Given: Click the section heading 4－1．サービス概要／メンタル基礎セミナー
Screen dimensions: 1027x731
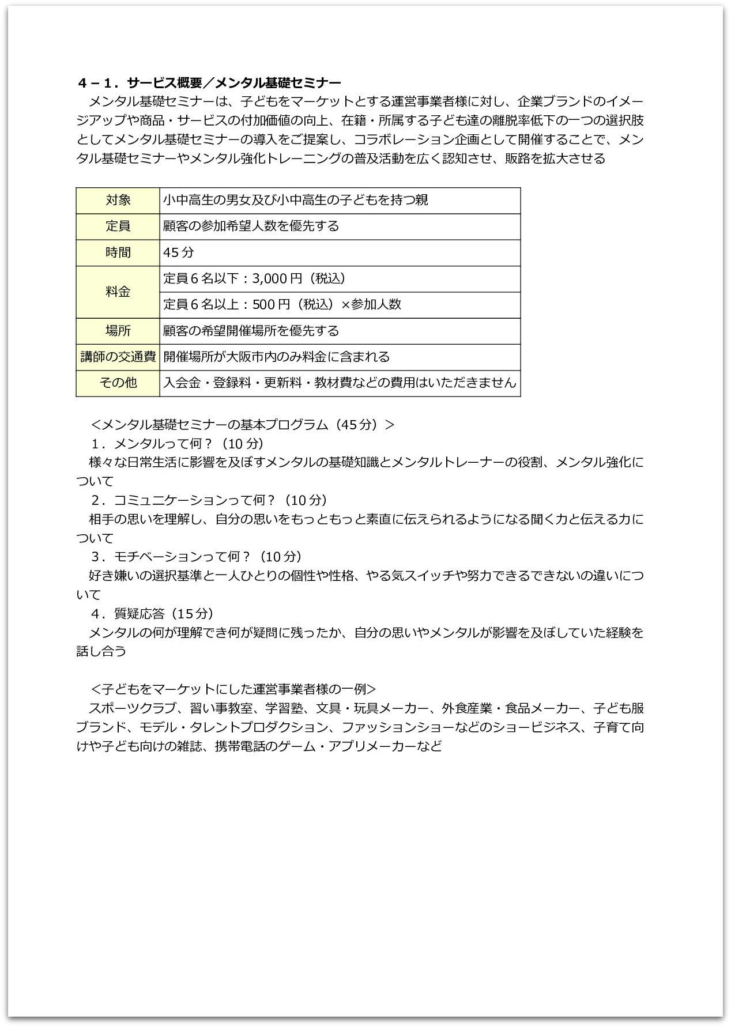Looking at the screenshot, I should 209,82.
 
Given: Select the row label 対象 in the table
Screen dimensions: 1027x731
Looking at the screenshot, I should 118,200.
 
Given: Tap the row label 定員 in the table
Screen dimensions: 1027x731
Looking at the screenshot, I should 118,226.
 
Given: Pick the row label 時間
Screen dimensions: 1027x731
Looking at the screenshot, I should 118,252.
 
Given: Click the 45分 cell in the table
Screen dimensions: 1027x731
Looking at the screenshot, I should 179,252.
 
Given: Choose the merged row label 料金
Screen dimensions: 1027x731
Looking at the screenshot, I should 118,292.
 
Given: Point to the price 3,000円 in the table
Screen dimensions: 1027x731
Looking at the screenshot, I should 277,279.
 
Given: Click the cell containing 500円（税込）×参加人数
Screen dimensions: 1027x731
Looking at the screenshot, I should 282,305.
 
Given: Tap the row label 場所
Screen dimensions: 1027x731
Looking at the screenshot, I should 118,331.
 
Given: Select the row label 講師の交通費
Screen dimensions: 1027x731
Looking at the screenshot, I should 118,357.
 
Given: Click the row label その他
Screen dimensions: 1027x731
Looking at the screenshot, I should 118,383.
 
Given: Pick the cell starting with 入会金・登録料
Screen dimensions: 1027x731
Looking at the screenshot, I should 340,383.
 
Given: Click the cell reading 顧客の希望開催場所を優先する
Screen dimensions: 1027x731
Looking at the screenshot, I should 251,331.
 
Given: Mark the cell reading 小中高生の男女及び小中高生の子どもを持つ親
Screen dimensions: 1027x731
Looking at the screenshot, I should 295,200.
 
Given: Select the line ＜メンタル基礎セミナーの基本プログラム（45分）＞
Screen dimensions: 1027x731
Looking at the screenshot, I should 243,425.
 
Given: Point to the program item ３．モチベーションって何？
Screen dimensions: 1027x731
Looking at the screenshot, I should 196,557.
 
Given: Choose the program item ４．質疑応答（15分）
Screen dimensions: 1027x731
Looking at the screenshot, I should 152,613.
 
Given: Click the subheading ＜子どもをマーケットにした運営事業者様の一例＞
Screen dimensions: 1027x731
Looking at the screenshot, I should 233,689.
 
